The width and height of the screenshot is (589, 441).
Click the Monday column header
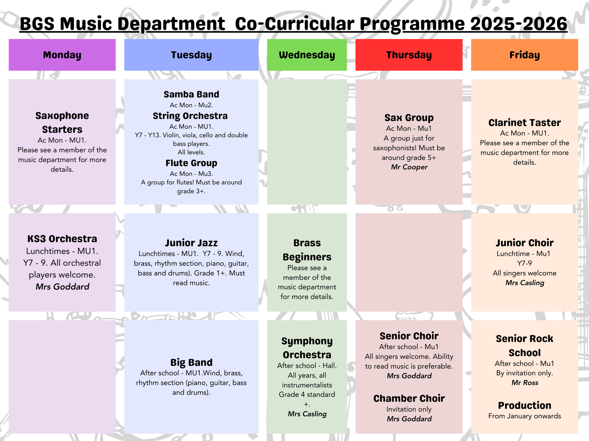[x=62, y=55]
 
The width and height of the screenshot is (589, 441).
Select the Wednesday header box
[x=307, y=55]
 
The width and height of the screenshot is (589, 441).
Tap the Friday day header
[x=525, y=55]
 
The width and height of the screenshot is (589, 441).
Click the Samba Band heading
[x=191, y=94]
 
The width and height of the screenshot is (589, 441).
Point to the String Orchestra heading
[x=190, y=116]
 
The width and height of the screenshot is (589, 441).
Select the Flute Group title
[x=191, y=163]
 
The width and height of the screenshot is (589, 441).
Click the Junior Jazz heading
[x=191, y=243]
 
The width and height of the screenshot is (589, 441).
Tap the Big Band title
[x=191, y=362]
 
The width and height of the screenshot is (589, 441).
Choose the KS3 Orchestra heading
[x=62, y=239]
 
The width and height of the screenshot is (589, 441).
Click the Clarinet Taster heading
[x=525, y=123]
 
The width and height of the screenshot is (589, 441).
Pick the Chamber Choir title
[x=409, y=399]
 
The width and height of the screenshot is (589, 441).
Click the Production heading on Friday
[x=525, y=406]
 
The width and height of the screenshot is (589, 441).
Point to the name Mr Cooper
[x=409, y=167]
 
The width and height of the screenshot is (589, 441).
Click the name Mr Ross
[x=525, y=383]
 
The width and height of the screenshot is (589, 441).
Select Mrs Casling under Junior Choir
[x=525, y=283]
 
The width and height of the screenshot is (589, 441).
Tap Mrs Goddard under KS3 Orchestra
[x=62, y=287]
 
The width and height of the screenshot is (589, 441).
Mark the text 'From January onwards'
[x=525, y=416]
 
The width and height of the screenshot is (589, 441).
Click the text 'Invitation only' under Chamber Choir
[x=409, y=409]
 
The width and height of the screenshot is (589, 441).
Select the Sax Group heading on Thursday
[x=409, y=118]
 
